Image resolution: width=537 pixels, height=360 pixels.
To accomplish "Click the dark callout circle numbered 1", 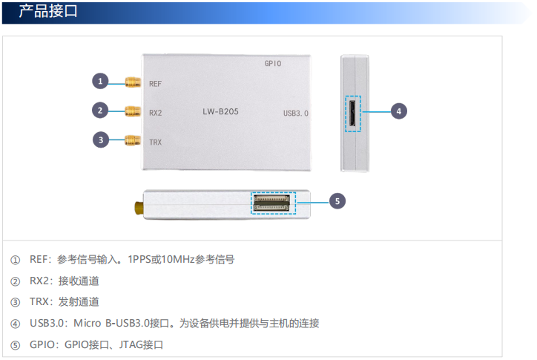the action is point(100,81).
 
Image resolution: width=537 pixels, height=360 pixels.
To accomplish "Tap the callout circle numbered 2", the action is point(100,111).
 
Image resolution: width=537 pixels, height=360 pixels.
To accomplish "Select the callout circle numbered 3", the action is point(101,140).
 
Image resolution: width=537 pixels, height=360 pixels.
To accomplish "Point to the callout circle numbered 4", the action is point(398,111).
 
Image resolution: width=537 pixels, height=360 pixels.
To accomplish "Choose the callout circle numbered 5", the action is point(337,201).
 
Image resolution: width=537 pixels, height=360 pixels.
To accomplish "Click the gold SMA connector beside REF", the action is point(133,82).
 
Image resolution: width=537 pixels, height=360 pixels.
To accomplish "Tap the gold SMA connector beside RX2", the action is point(133,111).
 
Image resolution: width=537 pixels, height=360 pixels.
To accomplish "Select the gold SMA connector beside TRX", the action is point(133,140).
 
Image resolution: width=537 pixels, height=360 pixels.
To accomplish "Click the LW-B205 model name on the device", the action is point(220,111).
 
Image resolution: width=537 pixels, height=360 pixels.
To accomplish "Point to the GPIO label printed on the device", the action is point(273,63).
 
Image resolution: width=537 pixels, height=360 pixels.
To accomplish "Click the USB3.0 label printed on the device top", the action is point(296,113).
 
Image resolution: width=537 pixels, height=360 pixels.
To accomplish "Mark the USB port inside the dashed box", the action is point(352,114).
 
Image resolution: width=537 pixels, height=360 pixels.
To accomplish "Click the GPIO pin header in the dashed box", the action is point(271,203).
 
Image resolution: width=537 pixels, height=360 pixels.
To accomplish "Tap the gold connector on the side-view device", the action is point(139,208).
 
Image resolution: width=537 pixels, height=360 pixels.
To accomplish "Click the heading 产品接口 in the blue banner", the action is point(48,11).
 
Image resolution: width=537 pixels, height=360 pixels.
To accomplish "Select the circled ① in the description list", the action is point(15,261).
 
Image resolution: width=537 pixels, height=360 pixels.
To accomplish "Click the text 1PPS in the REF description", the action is point(139,259).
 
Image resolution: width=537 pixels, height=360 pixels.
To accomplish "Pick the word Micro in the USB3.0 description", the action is point(88,323).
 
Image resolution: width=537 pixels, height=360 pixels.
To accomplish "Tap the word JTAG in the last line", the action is point(131,344).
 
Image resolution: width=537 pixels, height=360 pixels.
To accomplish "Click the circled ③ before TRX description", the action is point(15,302).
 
